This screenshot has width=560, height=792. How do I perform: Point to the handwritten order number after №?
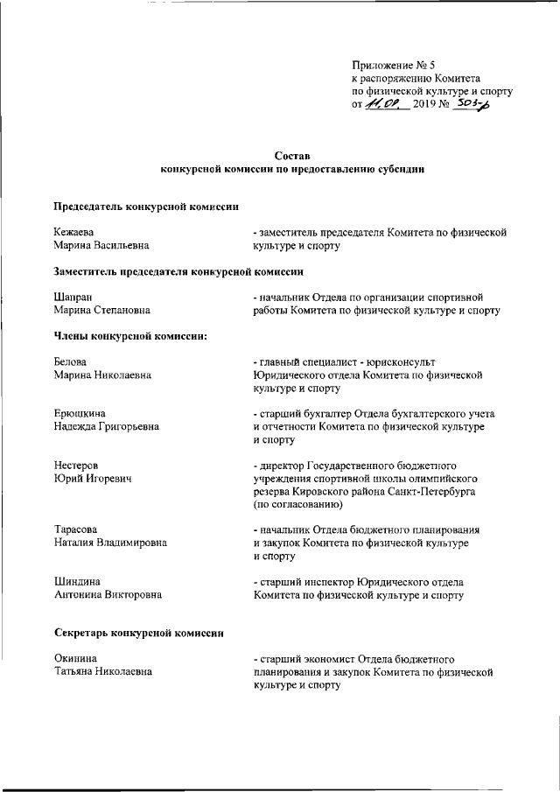pyautogui.click(x=473, y=103)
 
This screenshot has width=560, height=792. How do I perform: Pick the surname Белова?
pyautogui.click(x=71, y=362)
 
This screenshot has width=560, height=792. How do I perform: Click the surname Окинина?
pyautogui.click(x=75, y=658)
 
